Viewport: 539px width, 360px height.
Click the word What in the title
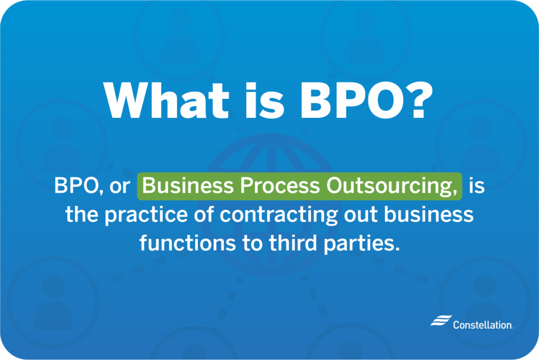166,101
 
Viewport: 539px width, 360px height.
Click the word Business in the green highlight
188,186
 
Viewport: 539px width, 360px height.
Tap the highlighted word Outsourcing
392,186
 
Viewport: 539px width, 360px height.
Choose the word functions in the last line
188,243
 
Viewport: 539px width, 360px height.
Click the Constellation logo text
483,325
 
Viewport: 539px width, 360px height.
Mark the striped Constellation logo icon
441,320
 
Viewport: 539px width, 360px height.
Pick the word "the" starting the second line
82,214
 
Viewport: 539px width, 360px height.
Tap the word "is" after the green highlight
477,186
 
